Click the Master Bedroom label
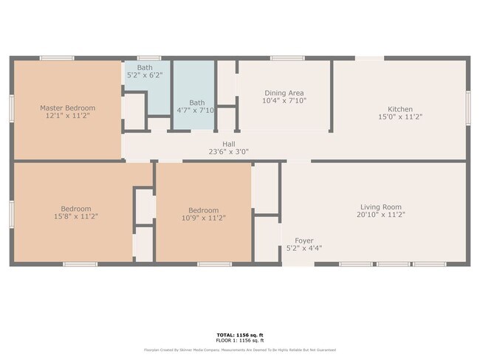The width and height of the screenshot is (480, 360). click(x=67, y=108)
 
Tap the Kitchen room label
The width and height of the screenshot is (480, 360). click(x=400, y=109)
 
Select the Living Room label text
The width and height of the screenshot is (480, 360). click(x=380, y=207)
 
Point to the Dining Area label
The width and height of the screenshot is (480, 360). click(x=284, y=93)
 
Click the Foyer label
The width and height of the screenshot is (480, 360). click(x=304, y=240)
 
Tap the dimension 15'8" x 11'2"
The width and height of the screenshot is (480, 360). click(x=76, y=216)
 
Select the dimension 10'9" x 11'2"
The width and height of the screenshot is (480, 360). click(x=203, y=218)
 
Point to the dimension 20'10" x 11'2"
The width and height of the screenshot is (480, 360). click(x=380, y=215)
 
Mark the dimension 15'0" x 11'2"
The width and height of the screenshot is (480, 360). click(x=400, y=117)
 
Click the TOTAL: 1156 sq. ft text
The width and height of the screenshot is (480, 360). click(x=239, y=335)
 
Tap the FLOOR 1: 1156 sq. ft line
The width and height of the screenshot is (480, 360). click(x=239, y=341)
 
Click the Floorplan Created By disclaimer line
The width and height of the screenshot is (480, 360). click(x=239, y=350)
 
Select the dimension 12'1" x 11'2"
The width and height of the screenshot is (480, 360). click(x=67, y=116)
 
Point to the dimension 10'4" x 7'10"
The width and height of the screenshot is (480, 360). click(x=284, y=101)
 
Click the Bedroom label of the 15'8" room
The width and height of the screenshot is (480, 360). click(x=76, y=209)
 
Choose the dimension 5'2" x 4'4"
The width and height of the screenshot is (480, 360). click(x=304, y=249)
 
